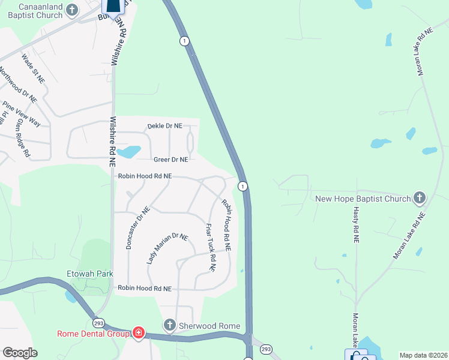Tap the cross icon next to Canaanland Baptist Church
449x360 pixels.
(72, 10)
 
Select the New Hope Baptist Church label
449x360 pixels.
(363, 198)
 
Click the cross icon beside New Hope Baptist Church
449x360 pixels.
(420, 197)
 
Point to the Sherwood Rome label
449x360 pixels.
(209, 326)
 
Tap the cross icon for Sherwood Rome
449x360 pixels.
(170, 326)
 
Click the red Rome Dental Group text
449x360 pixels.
(93, 334)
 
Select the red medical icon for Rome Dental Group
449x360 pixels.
(139, 333)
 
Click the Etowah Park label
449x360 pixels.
(90, 274)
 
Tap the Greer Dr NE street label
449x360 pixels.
(171, 160)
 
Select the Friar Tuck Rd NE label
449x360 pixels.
(210, 247)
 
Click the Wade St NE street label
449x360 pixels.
(33, 67)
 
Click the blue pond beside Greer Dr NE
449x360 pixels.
(128, 151)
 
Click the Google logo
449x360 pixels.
(20, 353)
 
